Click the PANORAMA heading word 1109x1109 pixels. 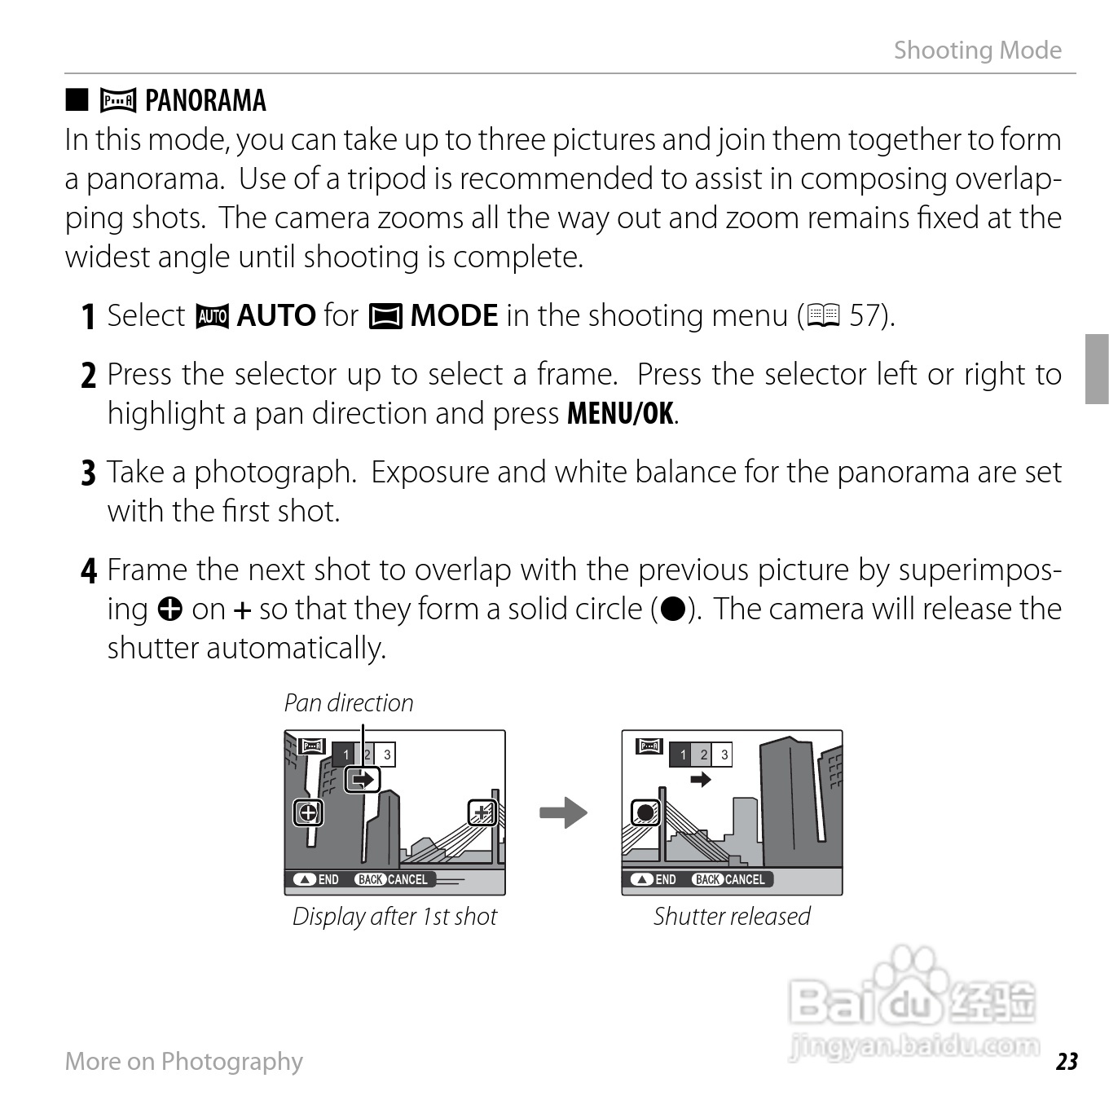[x=205, y=101]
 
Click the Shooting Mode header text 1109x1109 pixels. [x=977, y=51]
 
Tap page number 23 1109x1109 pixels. [x=1067, y=1062]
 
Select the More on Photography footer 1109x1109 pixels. [x=183, y=1061]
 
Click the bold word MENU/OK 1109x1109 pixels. [x=620, y=414]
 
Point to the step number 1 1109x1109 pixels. [x=89, y=317]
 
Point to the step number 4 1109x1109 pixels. [x=89, y=570]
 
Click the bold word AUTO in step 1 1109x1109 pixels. [x=276, y=316]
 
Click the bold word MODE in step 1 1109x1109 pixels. [x=454, y=316]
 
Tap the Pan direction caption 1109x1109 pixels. [x=348, y=703]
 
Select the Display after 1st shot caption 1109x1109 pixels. [x=394, y=917]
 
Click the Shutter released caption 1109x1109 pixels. [x=732, y=917]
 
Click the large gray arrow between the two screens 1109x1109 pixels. [x=563, y=812]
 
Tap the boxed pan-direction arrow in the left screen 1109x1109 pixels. [x=362, y=780]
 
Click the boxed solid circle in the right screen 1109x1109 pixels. [x=645, y=812]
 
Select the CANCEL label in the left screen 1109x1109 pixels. [x=407, y=880]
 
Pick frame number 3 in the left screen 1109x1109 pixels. [x=387, y=755]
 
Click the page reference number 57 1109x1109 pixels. [x=866, y=316]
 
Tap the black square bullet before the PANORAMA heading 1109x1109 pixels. [x=77, y=100]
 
